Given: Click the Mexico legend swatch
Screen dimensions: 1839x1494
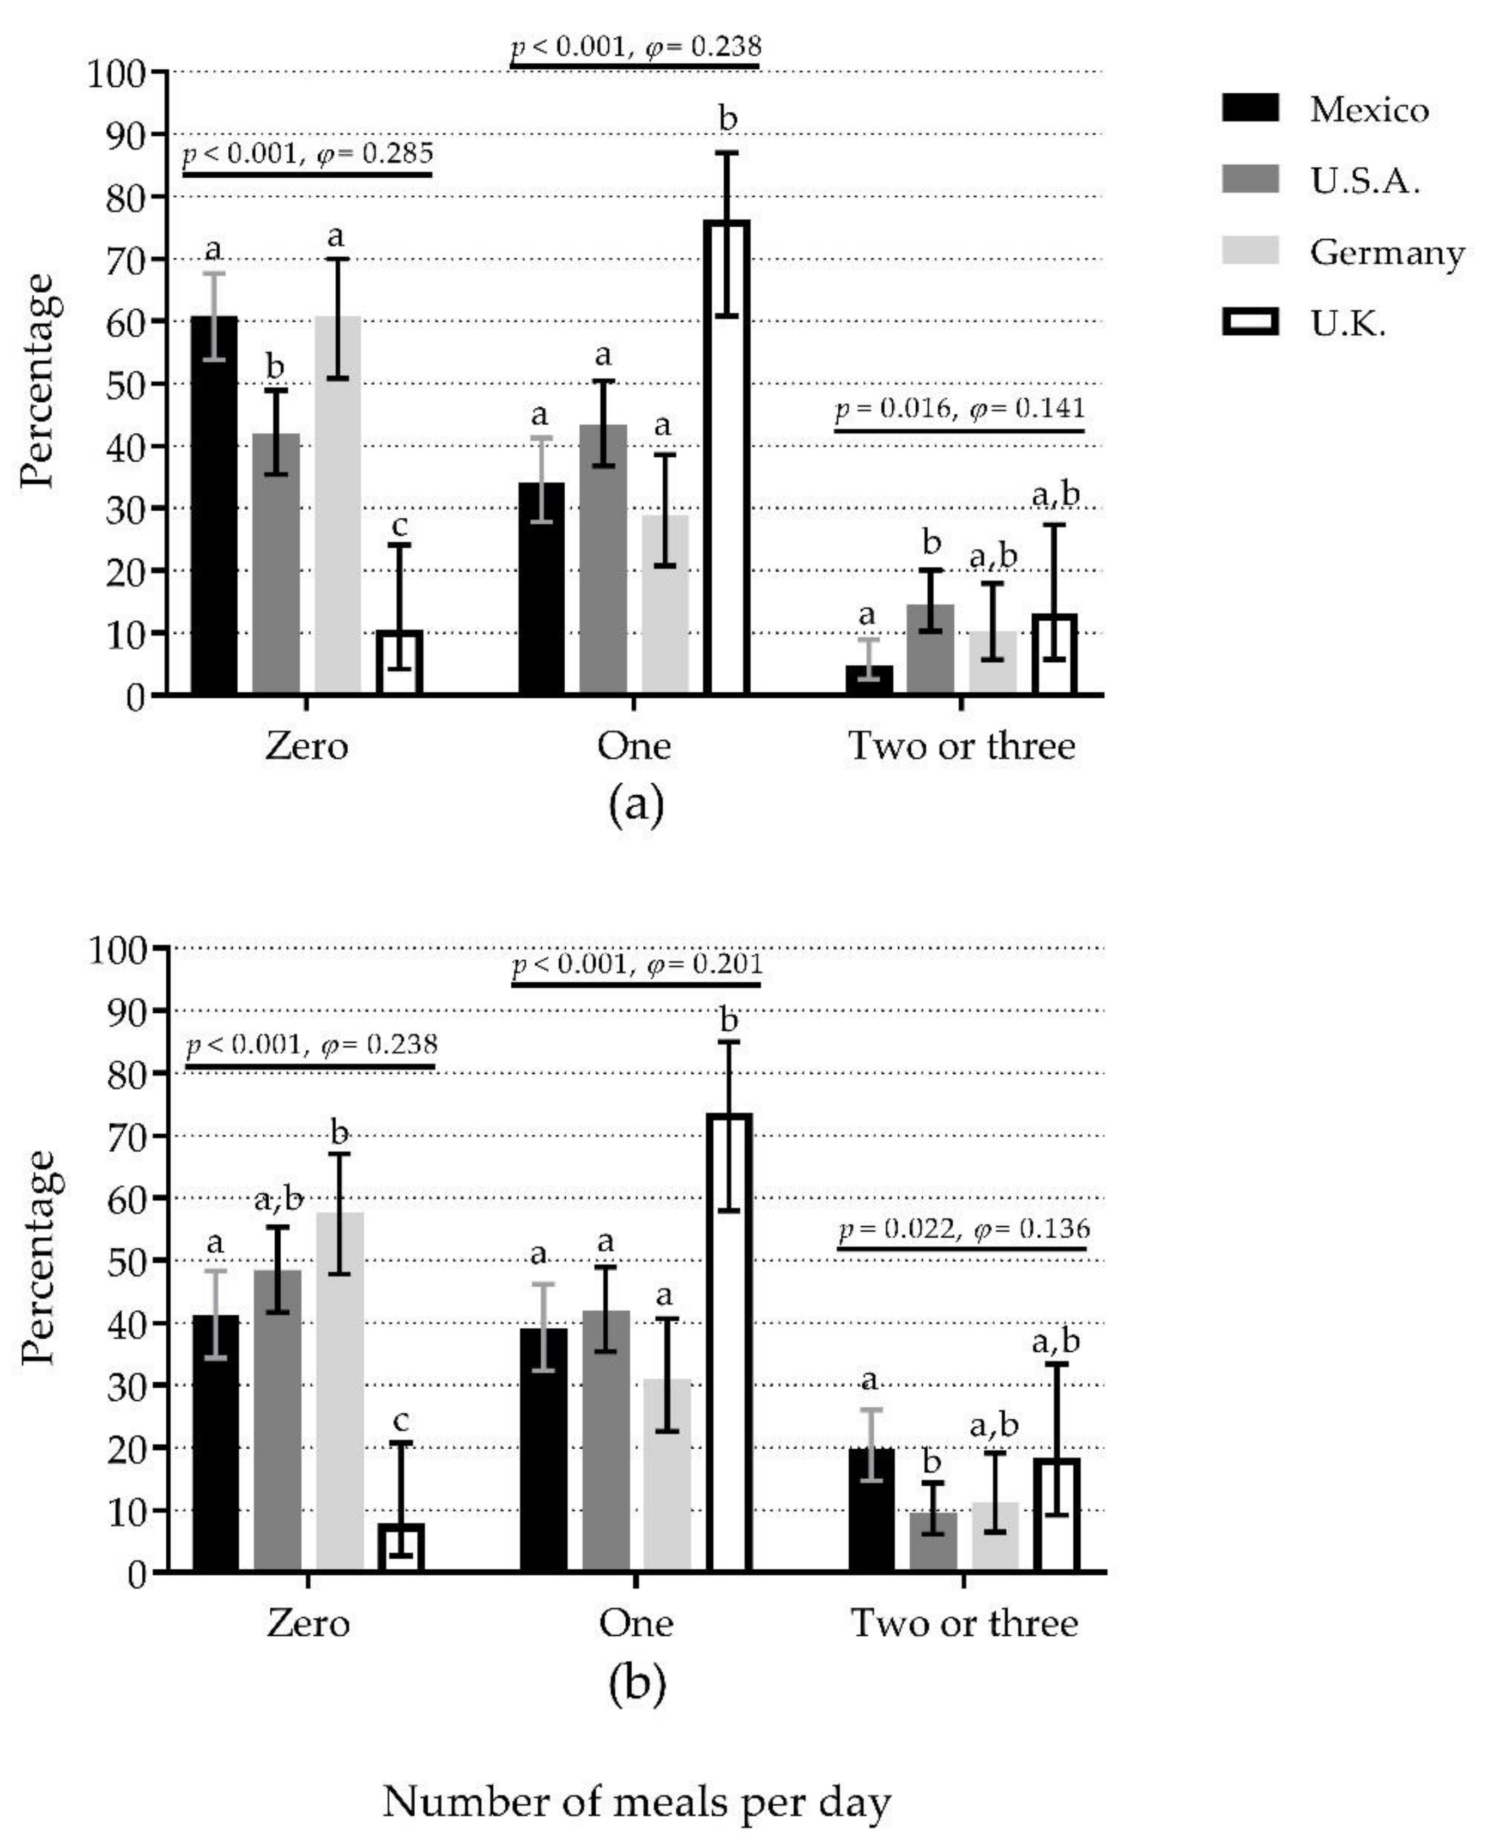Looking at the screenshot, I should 1250,108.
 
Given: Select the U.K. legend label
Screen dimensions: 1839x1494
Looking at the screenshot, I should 1348,324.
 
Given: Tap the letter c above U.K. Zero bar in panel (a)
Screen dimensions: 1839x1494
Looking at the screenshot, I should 400,525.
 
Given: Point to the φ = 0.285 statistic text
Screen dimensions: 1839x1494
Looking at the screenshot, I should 375,154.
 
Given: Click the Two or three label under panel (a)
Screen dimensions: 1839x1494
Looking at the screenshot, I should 961,745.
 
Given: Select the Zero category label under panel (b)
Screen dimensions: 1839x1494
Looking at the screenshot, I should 308,1624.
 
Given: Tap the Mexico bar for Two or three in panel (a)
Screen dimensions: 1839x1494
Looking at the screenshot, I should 869,680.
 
